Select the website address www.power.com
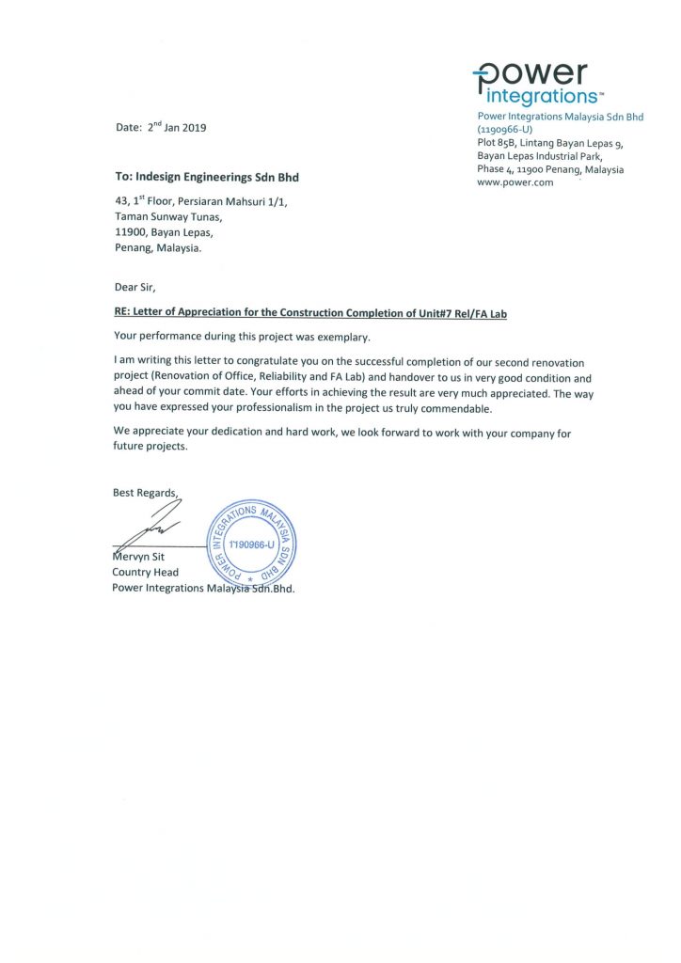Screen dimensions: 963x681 pos(515,182)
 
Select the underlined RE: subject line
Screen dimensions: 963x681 pos(309,313)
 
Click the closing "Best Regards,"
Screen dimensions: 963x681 pos(145,492)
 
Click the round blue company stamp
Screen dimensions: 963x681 pos(249,545)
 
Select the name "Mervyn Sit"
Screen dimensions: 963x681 pos(139,557)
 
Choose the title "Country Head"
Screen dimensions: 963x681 pos(145,572)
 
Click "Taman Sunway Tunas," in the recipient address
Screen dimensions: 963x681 pos(168,216)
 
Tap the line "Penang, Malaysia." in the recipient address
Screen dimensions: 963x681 pos(157,249)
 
